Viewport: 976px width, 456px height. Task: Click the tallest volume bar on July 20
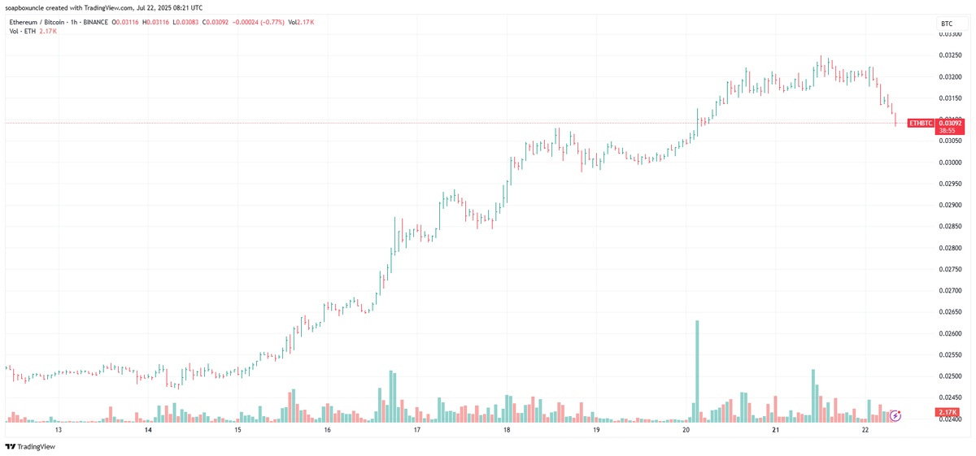[x=697, y=371]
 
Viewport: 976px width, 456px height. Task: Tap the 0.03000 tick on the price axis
[x=951, y=163]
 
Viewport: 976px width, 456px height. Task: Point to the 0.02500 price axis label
[x=951, y=376]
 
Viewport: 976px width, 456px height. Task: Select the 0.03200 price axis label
[x=951, y=77]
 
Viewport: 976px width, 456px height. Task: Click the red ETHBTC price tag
[x=921, y=123]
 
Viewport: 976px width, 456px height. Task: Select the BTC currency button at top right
[x=946, y=24]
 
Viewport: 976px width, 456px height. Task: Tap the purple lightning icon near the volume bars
[x=895, y=415]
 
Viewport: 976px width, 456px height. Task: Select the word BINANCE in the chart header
[x=94, y=22]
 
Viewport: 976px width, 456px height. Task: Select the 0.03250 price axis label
[x=951, y=55]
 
